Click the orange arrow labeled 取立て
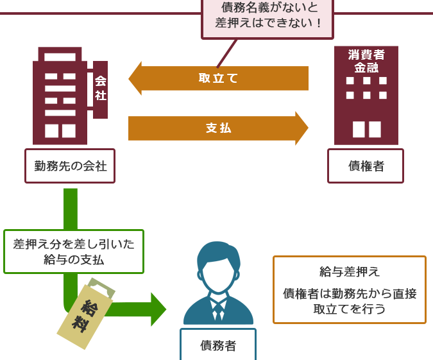[218, 78]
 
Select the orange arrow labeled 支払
[218, 128]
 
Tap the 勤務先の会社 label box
[70, 166]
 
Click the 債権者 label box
[366, 166]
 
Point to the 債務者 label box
[218, 344]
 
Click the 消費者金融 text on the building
[366, 61]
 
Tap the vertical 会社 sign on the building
[100, 89]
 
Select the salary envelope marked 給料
[85, 317]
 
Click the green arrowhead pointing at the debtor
[158, 309]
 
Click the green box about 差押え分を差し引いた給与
[74, 252]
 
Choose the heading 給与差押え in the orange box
[350, 271]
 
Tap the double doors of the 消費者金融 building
[367, 129]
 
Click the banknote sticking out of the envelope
[101, 287]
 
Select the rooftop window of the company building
[60, 57]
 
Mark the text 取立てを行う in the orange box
[350, 309]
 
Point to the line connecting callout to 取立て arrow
[227, 53]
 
